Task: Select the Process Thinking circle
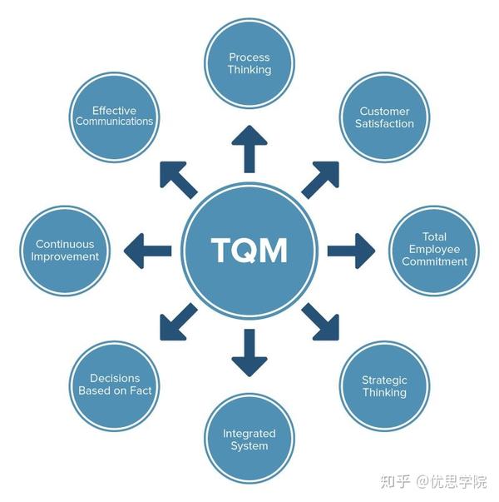click(x=249, y=63)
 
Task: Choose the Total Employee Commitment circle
click(x=434, y=249)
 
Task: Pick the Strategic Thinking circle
click(x=384, y=386)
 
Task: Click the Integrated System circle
click(x=249, y=439)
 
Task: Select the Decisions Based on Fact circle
click(x=115, y=384)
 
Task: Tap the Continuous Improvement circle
click(x=65, y=251)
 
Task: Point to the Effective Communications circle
click(x=114, y=116)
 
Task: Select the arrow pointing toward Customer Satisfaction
click(x=321, y=178)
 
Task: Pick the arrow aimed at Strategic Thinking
click(x=321, y=321)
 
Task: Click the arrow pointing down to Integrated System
click(x=249, y=352)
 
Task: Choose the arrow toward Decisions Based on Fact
click(x=178, y=321)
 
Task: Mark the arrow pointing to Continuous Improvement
click(x=147, y=250)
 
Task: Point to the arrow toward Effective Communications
click(x=178, y=178)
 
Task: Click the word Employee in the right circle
click(x=435, y=249)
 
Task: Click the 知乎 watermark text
click(x=394, y=481)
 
